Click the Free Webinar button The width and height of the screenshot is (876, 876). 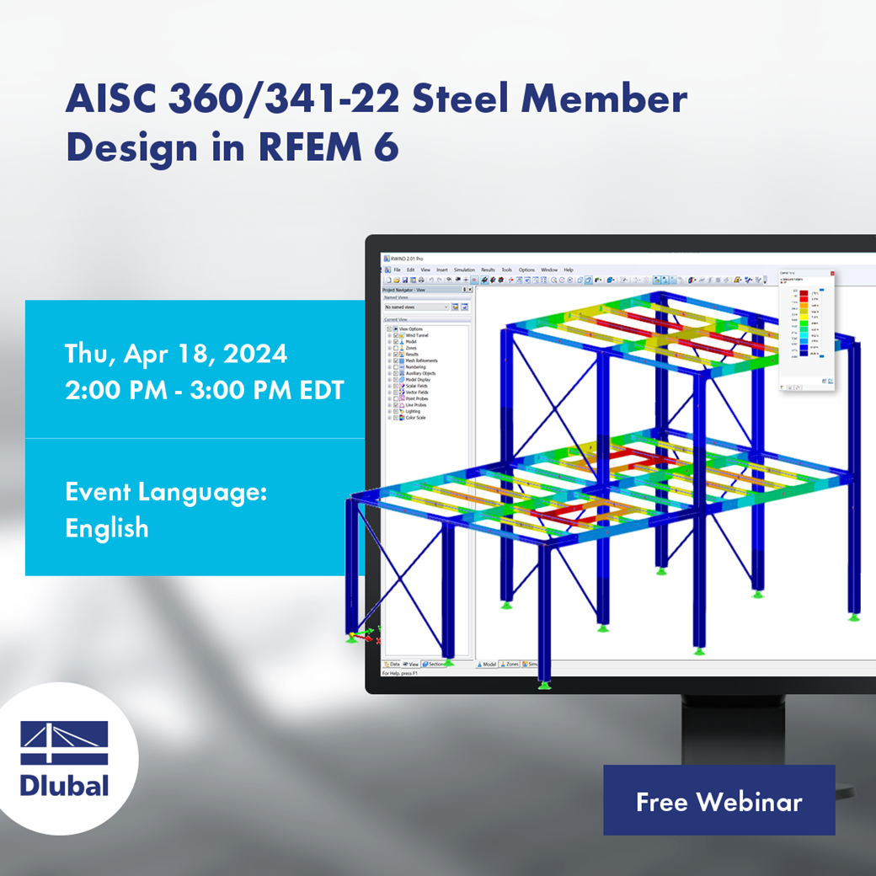pos(718,801)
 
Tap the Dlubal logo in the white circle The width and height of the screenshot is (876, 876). pos(65,759)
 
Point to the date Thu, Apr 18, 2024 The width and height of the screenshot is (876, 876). pos(176,354)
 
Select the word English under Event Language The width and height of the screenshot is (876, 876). pos(107,528)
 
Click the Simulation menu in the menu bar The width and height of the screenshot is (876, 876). pos(464,270)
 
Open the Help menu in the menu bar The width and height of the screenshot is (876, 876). pos(569,270)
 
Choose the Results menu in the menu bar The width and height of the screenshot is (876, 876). pos(488,270)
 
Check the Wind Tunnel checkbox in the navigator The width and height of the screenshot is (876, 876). pos(397,335)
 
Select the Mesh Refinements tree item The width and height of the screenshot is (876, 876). pos(421,361)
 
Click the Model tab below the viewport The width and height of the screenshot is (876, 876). pos(488,664)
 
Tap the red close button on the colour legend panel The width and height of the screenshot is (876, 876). pos(832,273)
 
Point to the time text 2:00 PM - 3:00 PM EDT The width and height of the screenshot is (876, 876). pos(205,391)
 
